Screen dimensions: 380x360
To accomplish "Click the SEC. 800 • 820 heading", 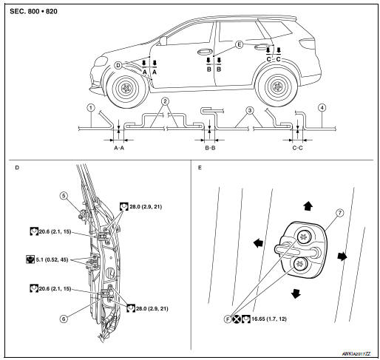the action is click(33, 12).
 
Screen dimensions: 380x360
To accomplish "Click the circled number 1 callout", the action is click(91, 108).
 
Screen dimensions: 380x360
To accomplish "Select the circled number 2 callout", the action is click(165, 101).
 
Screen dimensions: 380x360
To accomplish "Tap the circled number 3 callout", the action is click(250, 110).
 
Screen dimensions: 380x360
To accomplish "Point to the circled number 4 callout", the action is click(322, 108).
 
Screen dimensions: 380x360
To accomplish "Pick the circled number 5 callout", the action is click(64, 196).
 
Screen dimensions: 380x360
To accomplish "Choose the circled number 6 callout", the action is click(64, 319).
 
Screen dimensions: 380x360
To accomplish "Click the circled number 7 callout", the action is click(340, 213).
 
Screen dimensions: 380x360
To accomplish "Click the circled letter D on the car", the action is click(118, 65).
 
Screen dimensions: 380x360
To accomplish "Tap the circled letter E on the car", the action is click(239, 45).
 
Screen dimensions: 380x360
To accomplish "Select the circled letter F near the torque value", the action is click(228, 319).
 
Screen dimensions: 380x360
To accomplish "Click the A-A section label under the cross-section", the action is click(119, 148).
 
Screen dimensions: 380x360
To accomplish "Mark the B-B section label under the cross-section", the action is click(210, 148).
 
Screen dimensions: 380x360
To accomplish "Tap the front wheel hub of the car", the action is click(126, 88).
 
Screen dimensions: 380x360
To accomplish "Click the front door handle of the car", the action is click(205, 51).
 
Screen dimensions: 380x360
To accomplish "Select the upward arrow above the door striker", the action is click(308, 206).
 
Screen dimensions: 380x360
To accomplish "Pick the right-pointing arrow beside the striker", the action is click(342, 257).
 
